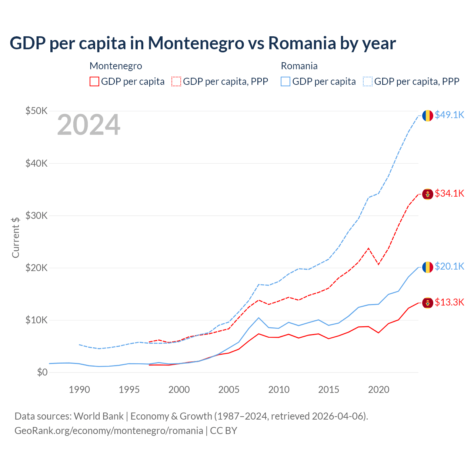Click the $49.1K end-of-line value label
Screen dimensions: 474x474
point(449,115)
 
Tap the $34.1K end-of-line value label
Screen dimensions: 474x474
point(449,193)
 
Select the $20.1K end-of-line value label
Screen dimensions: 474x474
point(449,266)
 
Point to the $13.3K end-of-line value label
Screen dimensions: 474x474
point(449,302)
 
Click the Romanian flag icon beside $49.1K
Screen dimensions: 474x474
point(428,116)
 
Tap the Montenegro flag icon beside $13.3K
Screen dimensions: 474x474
point(428,303)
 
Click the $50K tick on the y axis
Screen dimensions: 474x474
point(36,111)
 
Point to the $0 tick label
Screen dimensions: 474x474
point(42,372)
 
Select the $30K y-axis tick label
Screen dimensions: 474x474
point(36,216)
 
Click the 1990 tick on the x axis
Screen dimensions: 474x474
point(79,390)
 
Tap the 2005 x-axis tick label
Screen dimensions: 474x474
point(229,390)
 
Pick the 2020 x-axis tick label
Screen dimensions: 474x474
point(378,390)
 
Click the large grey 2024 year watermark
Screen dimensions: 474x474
point(89,125)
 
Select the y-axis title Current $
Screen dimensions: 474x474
point(16,237)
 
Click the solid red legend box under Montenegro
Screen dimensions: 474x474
point(94,81)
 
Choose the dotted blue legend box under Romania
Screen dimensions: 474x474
point(368,81)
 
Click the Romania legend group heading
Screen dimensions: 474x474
point(299,66)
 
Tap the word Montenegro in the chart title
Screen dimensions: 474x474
point(196,43)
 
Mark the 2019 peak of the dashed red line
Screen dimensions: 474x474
point(368,248)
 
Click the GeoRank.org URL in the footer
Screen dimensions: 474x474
point(109,431)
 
